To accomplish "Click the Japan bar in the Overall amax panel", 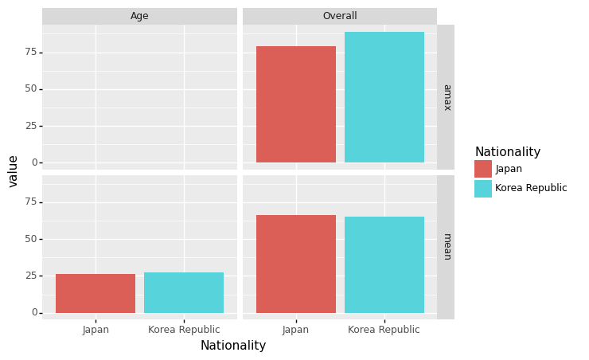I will coord(295,104).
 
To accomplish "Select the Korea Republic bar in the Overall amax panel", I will coord(384,97).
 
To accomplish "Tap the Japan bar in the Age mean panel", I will coord(96,293).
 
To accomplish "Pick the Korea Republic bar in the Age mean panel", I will coord(184,292).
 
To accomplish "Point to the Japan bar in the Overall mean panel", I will coord(295,264).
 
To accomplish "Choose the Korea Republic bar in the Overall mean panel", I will coord(384,264).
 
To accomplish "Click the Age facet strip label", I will coord(139,16).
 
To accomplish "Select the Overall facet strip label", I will coord(340,16).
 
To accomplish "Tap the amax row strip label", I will coord(446,97).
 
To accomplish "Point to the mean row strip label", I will coord(446,247).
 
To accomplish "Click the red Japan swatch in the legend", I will coord(483,169).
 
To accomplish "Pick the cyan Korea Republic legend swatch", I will coord(483,188).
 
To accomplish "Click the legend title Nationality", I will coord(507,152).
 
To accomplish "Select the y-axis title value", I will coord(14,171).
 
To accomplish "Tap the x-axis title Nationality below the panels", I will coord(233,346).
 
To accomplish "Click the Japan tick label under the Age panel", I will coord(96,330).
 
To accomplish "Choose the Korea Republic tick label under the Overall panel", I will coord(384,330).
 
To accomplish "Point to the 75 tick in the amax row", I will coord(30,52).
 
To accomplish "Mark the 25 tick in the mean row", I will coord(30,276).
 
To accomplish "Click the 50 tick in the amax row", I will coord(30,88).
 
